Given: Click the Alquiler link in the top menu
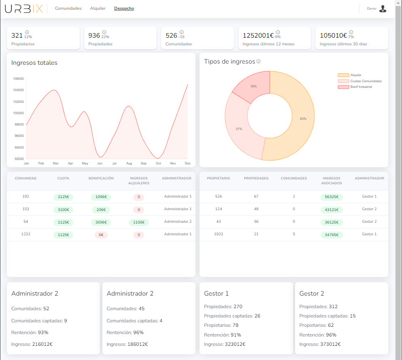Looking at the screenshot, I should [98, 9].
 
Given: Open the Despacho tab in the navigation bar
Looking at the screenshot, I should [124, 9].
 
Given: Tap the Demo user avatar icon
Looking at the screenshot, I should [383, 9].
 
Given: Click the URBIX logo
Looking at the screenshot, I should [23, 9].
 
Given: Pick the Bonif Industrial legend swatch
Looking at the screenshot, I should [343, 87].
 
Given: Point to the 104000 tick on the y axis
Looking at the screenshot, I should [18, 90].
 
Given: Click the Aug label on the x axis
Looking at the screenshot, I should [129, 163].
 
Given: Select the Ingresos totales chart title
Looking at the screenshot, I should [34, 63].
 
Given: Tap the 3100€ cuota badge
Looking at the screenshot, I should [63, 210].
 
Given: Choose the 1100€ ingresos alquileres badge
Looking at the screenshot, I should [138, 222].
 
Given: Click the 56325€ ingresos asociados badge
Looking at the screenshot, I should [332, 197].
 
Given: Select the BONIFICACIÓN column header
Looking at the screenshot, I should [101, 178].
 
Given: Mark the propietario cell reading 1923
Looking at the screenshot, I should [218, 234].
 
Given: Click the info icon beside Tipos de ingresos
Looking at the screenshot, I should [259, 62].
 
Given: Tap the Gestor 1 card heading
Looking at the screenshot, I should [217, 294].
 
